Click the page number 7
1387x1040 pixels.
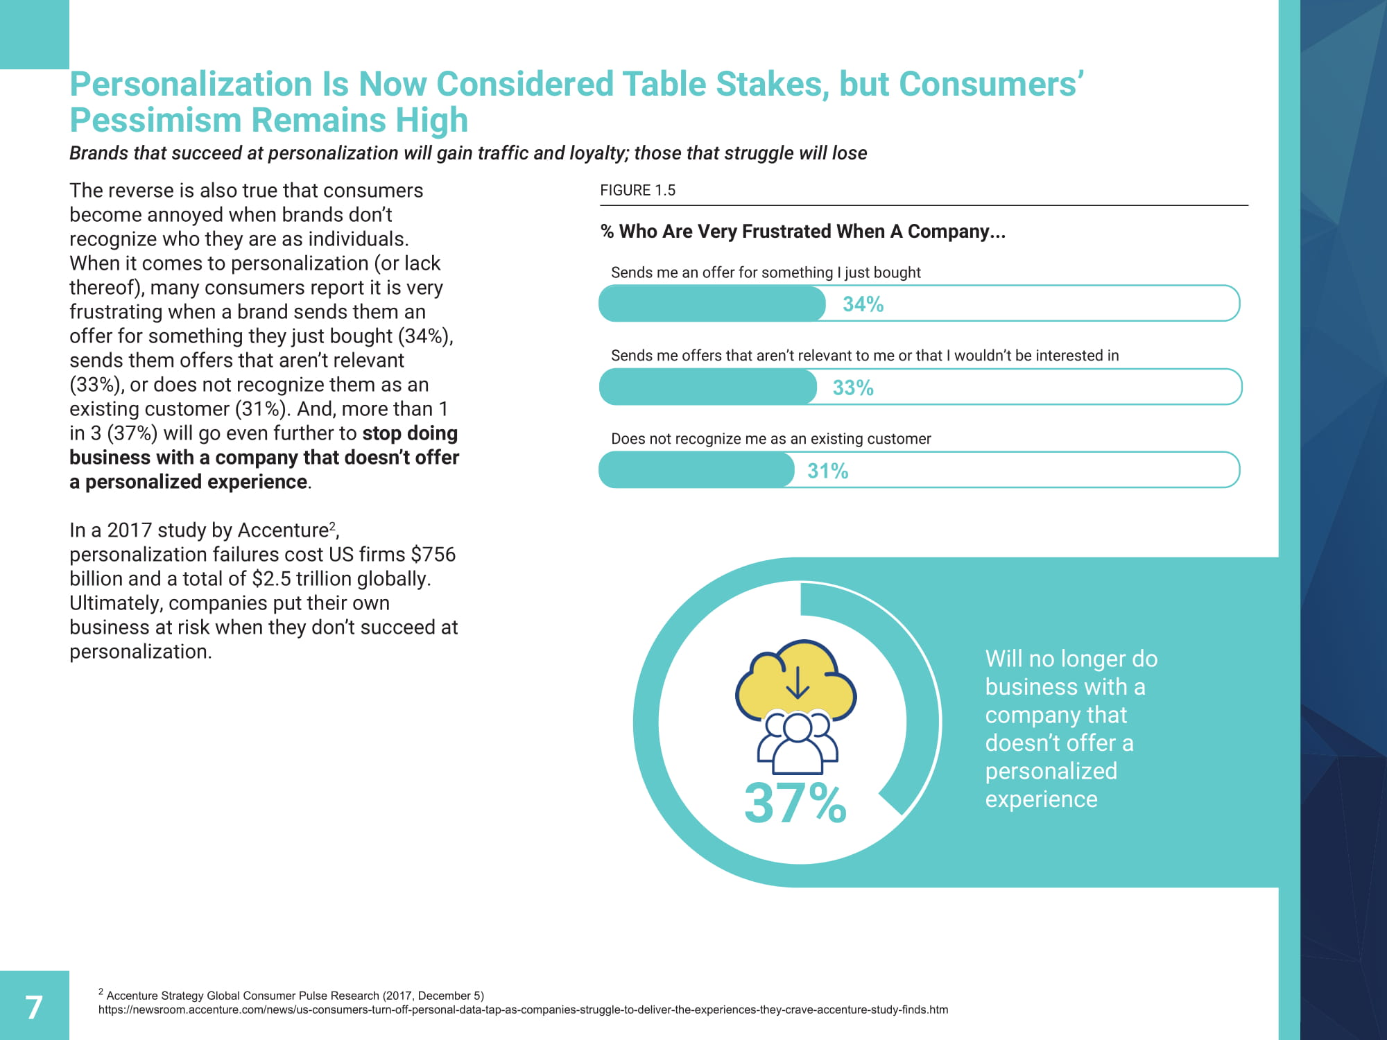point(34,1007)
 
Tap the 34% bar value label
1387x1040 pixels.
point(863,304)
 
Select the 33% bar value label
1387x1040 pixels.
point(852,388)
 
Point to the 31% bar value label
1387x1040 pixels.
point(827,471)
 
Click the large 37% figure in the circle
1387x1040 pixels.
point(795,803)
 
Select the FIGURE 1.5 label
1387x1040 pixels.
point(637,191)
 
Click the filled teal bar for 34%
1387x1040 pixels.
point(711,304)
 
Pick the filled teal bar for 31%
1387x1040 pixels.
point(696,470)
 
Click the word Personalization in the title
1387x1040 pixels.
point(191,85)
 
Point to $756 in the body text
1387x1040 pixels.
point(433,555)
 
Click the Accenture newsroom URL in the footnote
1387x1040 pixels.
point(523,1010)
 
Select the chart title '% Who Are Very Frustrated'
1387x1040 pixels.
point(802,232)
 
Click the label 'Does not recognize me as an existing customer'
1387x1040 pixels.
point(770,439)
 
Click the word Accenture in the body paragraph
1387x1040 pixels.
point(282,530)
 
